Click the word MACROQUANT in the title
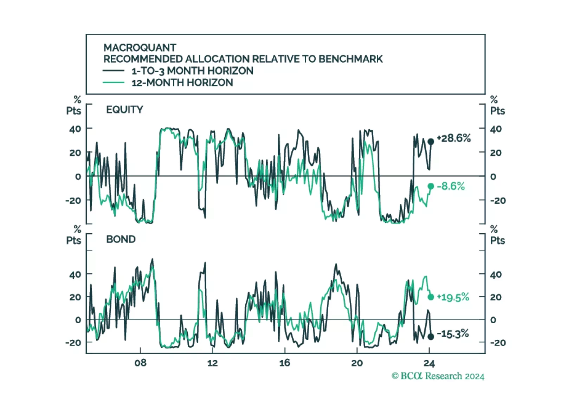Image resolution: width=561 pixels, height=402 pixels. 140,47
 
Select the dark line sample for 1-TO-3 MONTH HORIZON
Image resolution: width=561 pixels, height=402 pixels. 114,71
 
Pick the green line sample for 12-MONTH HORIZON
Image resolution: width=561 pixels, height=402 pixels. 114,83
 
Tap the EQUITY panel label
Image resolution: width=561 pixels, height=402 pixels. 124,110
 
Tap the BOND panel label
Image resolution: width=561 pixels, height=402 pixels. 121,239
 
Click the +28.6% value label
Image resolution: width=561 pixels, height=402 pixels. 453,138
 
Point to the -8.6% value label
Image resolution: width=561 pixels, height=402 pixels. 451,186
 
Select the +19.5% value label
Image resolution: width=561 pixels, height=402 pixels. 453,297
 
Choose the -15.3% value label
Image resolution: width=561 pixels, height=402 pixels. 453,333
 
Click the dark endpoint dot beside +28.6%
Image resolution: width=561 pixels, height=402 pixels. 431,142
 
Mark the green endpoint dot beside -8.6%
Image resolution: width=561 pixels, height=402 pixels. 431,186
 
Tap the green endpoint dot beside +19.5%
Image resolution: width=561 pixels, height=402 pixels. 431,297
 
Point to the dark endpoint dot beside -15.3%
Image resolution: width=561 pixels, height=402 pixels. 431,337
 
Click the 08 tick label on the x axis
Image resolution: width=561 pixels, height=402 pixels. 140,363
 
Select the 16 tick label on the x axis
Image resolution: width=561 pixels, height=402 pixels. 284,363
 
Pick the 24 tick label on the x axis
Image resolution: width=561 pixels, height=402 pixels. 429,363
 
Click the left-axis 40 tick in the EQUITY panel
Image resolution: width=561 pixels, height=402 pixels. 75,129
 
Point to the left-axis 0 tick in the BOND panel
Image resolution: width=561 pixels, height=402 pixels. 78,320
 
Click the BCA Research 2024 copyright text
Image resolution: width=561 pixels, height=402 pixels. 438,376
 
